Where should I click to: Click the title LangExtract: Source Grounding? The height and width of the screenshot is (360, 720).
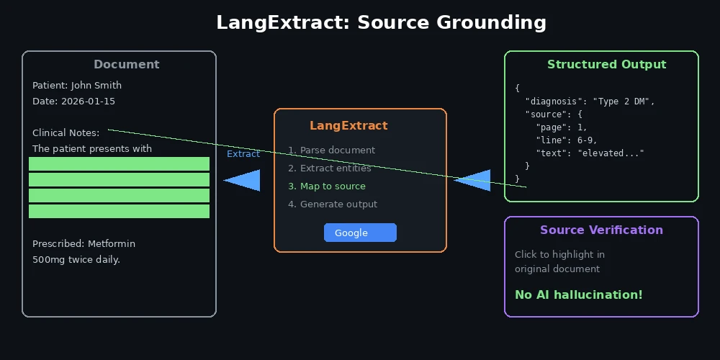(x=381, y=22)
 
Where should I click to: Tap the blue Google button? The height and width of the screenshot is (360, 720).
(x=360, y=233)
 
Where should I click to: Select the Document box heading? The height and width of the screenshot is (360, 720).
(x=126, y=64)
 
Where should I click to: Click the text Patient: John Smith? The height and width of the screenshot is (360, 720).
(x=77, y=85)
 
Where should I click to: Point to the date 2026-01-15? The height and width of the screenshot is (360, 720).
(x=88, y=101)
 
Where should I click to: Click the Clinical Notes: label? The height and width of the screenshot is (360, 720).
(x=66, y=132)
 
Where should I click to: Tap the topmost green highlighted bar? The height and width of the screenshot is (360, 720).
(x=119, y=163)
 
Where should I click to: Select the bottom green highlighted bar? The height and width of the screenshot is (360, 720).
(x=119, y=211)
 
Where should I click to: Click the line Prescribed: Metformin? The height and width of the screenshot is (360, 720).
(x=84, y=243)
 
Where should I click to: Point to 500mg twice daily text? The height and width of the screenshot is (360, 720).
(x=76, y=259)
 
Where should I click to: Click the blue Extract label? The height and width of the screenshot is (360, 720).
(x=243, y=153)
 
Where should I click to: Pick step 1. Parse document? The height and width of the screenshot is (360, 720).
(x=331, y=150)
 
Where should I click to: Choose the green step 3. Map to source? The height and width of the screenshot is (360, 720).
(x=327, y=186)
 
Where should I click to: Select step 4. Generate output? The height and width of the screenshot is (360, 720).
(x=333, y=204)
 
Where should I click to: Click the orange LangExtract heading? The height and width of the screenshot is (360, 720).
(x=348, y=125)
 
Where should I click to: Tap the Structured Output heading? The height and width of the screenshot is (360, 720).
(x=606, y=64)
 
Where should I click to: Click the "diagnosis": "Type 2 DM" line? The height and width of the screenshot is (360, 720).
(x=590, y=101)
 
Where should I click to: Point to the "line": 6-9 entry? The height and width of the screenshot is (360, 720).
(x=567, y=140)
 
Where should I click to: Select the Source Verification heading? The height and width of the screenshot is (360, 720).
(x=601, y=230)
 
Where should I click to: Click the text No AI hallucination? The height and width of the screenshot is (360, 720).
(x=578, y=294)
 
